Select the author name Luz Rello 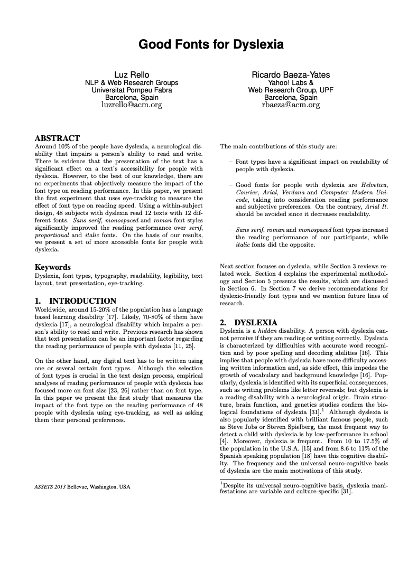click(x=132, y=74)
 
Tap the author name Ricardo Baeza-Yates click(x=291, y=74)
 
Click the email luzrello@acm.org click(x=132, y=105)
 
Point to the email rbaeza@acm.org click(x=291, y=105)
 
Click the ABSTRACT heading click(x=57, y=138)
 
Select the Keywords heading click(x=52, y=267)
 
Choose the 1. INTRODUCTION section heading click(x=75, y=301)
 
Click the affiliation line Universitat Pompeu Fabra click(x=132, y=90)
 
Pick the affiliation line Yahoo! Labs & click(x=291, y=82)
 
